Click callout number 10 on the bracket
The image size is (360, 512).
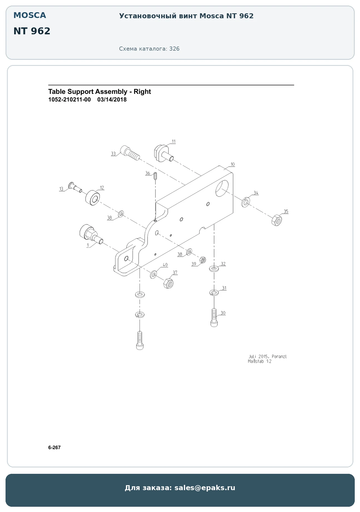tap(233, 164)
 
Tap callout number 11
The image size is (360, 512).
tap(174, 141)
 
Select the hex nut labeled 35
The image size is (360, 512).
tap(277, 220)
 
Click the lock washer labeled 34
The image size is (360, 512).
tap(245, 202)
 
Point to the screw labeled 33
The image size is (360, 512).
tap(130, 153)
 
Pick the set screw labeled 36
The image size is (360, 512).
tap(155, 176)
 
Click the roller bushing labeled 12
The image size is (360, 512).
tap(92, 198)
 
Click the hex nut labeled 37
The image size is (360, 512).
tap(168, 283)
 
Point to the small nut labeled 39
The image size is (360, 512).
tap(202, 260)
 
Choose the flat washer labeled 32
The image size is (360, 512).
tap(214, 268)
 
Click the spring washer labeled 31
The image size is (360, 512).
tap(214, 292)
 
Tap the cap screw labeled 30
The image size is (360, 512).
tap(214, 318)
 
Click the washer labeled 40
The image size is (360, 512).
tap(153, 275)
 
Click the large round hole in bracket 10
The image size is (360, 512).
tap(222, 188)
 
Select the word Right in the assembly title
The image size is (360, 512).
tap(142, 92)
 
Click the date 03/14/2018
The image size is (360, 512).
tap(112, 100)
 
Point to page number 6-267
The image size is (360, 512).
tap(54, 448)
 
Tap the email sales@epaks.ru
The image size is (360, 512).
tap(205, 488)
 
